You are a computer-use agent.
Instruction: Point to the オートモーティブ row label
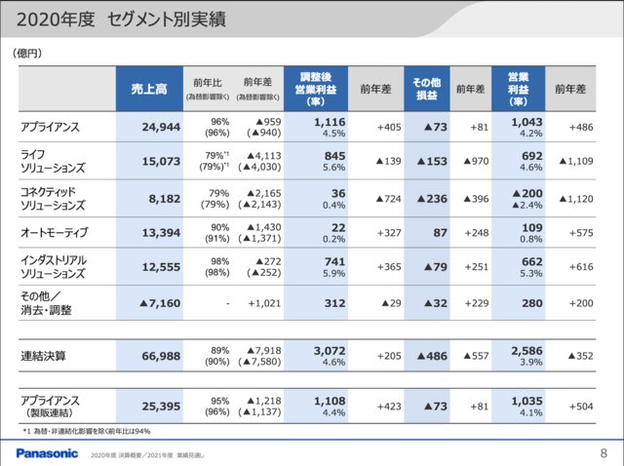click(55, 232)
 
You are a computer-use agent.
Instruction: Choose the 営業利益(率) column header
click(517, 89)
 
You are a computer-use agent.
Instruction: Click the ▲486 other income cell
click(426, 357)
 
